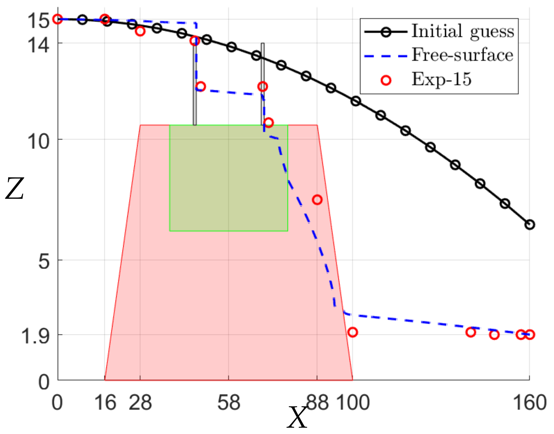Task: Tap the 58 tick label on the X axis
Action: click(x=229, y=403)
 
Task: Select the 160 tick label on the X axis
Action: click(x=529, y=403)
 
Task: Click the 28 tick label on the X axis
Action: click(x=140, y=403)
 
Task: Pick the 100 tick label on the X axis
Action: click(x=353, y=403)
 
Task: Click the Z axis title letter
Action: click(x=15, y=189)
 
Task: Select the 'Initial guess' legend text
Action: click(x=463, y=31)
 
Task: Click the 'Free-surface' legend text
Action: click(x=462, y=55)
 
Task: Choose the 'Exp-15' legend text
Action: click(x=442, y=79)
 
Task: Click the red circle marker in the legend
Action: click(x=386, y=80)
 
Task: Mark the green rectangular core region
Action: click(x=228, y=178)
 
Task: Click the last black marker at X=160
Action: click(x=529, y=224)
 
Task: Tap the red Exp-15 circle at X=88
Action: click(x=317, y=200)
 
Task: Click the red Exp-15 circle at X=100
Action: click(x=353, y=332)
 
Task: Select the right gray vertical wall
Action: click(x=262, y=84)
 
